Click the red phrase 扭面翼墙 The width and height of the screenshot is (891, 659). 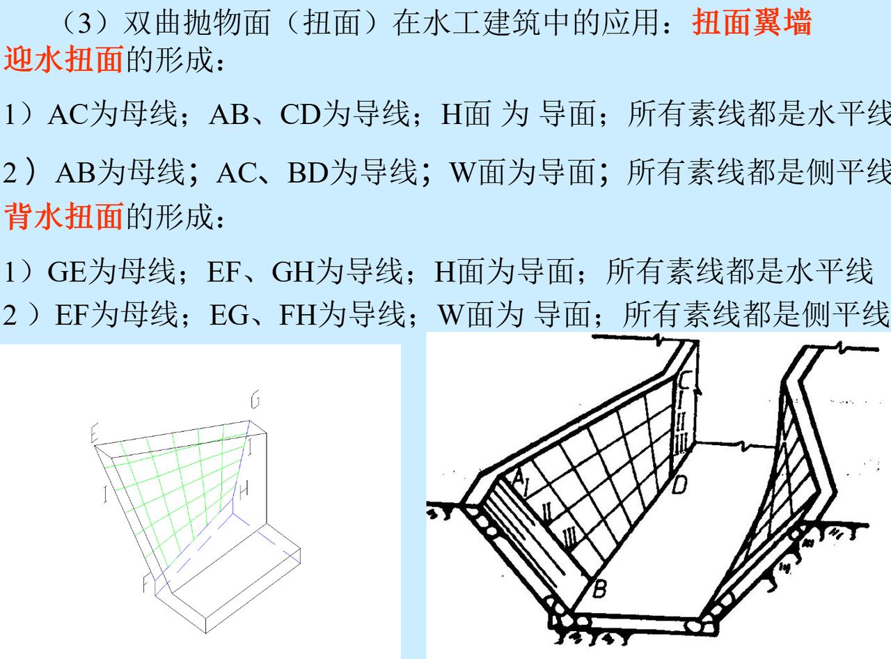tap(752, 24)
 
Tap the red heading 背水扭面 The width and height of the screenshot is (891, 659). tap(64, 217)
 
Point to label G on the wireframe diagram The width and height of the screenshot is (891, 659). tap(255, 401)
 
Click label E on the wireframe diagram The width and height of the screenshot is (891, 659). tap(95, 435)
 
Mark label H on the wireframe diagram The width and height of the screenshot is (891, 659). tap(243, 492)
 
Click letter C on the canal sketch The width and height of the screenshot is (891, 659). tap(684, 381)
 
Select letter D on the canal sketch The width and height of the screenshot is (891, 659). tap(679, 484)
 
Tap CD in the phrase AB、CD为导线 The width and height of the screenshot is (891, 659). tap(299, 114)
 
